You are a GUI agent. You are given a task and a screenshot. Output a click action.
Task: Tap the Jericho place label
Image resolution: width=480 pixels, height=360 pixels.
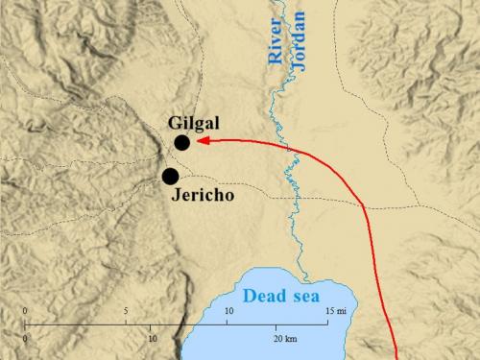[x=204, y=194]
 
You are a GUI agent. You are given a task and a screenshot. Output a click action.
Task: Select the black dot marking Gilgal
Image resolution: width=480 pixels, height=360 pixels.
[x=182, y=143]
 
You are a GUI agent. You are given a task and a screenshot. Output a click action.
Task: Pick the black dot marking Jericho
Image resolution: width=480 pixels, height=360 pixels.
[x=171, y=176]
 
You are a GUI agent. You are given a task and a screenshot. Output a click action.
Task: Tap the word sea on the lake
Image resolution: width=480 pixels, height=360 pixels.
[x=312, y=298]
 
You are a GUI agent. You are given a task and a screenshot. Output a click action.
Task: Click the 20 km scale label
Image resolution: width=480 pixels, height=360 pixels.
[x=284, y=339]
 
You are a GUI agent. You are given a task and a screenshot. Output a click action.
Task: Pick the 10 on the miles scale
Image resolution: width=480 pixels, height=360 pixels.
[x=228, y=311]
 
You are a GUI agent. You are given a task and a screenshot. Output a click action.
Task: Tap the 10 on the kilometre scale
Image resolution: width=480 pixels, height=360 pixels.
[x=152, y=339]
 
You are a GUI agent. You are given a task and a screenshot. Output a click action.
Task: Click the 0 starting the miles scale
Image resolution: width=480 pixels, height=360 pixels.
[x=25, y=311]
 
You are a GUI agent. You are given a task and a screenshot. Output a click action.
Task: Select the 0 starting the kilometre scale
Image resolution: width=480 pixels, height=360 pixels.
[x=25, y=339]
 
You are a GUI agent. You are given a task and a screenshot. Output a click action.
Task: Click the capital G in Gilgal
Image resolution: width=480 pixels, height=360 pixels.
[x=175, y=123]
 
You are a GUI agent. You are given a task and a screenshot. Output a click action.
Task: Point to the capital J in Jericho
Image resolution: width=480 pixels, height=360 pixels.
[x=176, y=194]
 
